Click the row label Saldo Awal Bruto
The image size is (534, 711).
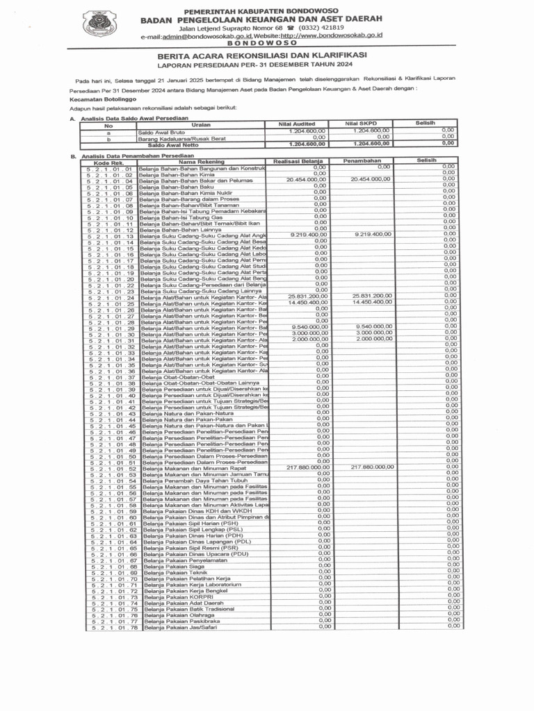(x=161, y=131)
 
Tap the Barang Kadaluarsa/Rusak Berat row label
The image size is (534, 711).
(x=182, y=137)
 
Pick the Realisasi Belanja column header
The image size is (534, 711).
(x=300, y=160)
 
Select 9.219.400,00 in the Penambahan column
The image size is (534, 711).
(x=373, y=235)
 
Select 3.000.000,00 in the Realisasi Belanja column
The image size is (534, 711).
(x=309, y=333)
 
